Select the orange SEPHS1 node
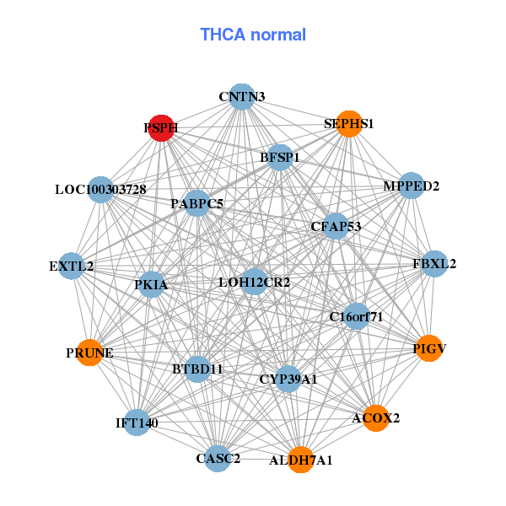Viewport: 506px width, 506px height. [349, 124]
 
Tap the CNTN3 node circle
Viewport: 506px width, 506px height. [242, 96]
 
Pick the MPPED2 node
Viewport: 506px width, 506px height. [411, 186]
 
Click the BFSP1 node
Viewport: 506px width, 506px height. [280, 157]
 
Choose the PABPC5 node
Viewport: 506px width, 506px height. [197, 203]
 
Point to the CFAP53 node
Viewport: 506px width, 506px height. [336, 226]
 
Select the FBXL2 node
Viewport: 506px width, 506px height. [434, 264]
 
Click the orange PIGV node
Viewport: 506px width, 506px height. [429, 348]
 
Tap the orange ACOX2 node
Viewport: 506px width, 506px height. [376, 417]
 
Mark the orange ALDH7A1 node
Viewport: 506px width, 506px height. [301, 460]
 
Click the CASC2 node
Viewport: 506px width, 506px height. [218, 458]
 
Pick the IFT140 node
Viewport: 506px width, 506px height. [137, 422]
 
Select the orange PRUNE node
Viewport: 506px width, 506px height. [90, 353]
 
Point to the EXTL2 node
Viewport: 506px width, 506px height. [72, 266]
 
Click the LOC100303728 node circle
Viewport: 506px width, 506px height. [100, 190]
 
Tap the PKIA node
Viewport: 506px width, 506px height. [152, 285]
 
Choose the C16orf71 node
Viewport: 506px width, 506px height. [356, 317]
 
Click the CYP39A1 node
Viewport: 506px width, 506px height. [288, 379]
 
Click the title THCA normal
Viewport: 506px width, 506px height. [253, 35]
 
